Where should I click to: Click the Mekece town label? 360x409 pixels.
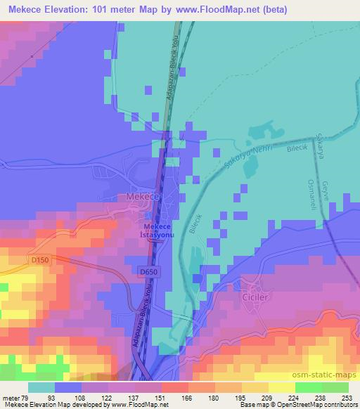click(x=143, y=198)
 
